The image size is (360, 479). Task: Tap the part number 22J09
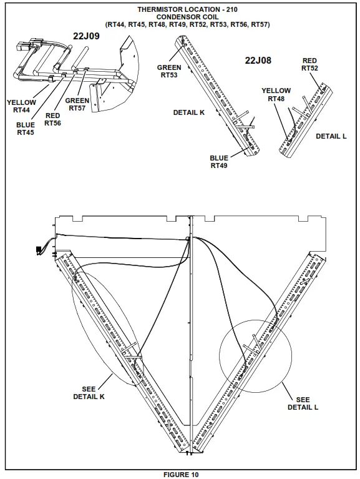(86, 36)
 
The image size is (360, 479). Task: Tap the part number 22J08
(258, 60)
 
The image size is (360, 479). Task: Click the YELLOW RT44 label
(21, 106)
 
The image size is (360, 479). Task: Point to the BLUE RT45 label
(26, 128)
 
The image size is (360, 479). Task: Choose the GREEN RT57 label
(77, 104)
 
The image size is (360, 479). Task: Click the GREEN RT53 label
(169, 71)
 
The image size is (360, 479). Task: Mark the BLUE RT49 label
(219, 162)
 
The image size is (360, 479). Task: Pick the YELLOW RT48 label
(276, 94)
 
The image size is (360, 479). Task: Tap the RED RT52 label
(309, 64)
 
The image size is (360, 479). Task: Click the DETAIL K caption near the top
(188, 112)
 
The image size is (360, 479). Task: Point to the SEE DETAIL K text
(89, 393)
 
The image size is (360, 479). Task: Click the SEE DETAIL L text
(303, 403)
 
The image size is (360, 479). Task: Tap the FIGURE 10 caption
(181, 475)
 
